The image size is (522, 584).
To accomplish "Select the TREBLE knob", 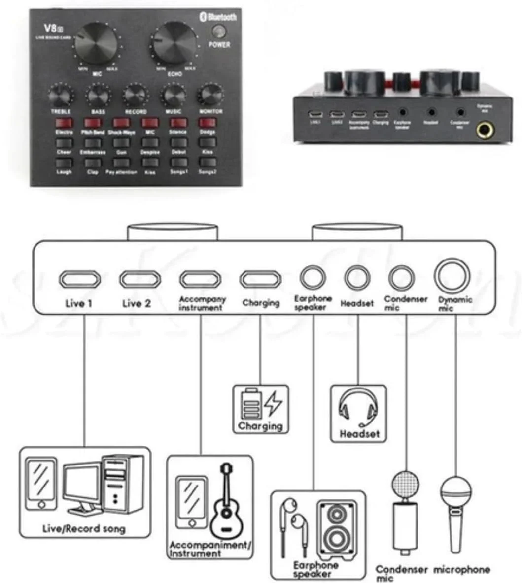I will (61, 95).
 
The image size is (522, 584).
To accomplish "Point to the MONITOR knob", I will (210, 95).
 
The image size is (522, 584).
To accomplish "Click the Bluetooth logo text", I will (218, 17).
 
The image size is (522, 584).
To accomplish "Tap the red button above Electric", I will (64, 123).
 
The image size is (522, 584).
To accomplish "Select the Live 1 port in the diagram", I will (79, 279).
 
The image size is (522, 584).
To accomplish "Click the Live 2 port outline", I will (140, 279).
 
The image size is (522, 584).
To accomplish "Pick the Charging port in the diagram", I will (260, 279).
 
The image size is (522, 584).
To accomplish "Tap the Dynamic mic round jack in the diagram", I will (452, 276).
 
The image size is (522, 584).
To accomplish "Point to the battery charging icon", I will (260, 404).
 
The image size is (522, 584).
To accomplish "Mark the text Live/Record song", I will (84, 529).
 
